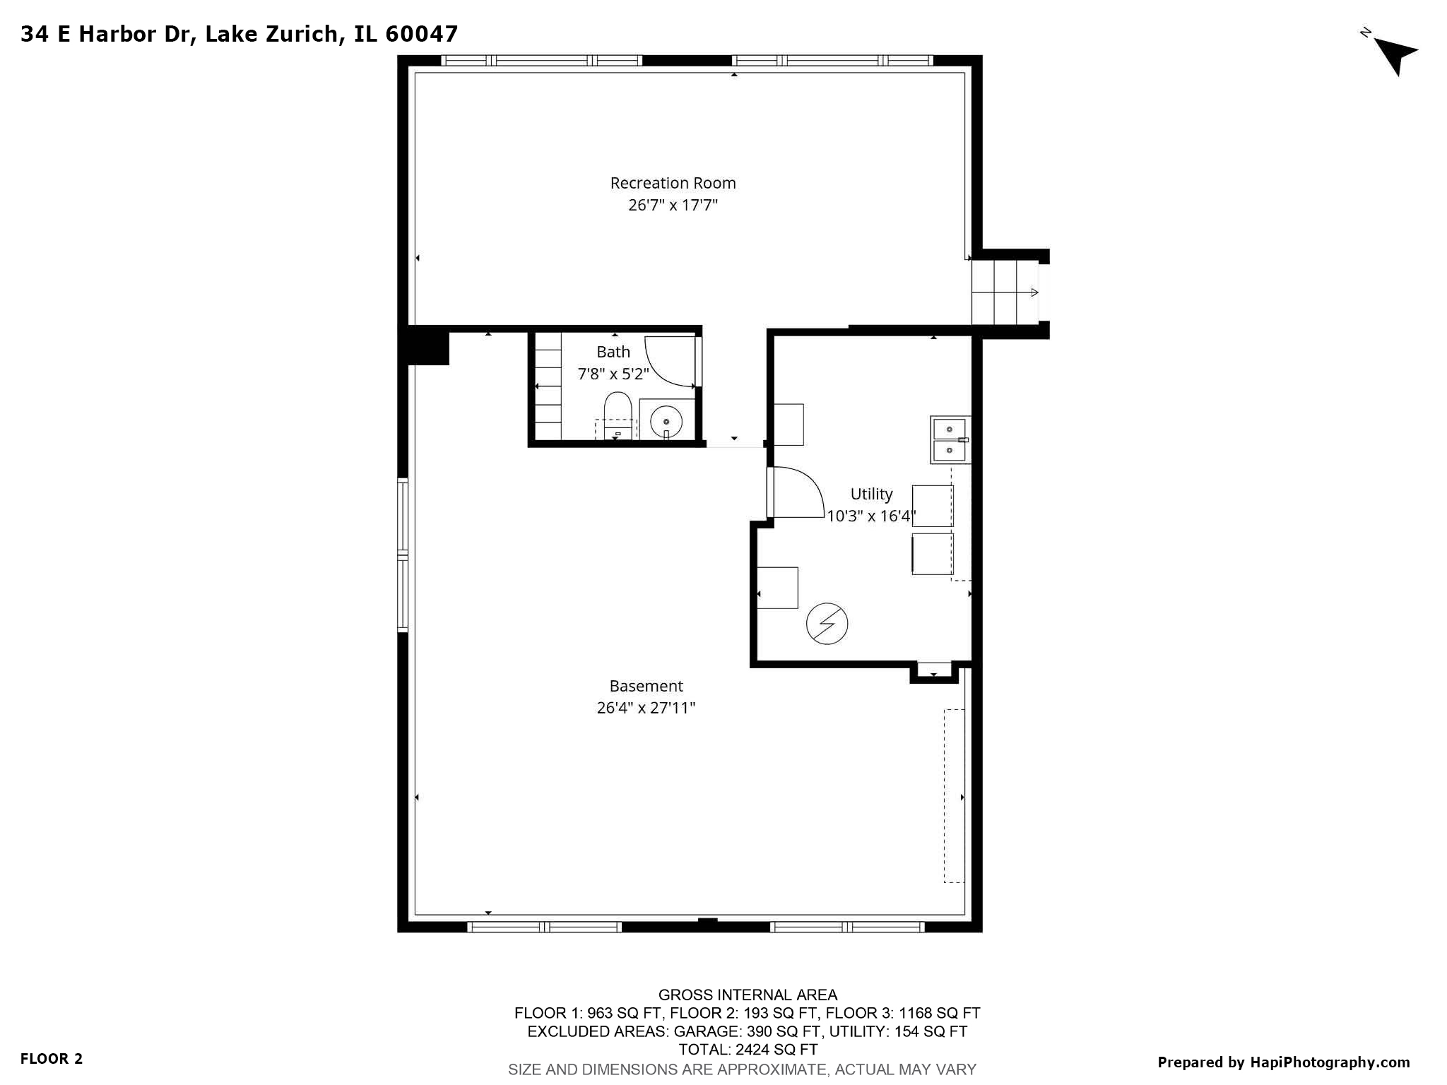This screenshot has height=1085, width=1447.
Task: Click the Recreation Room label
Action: pyautogui.click(x=673, y=183)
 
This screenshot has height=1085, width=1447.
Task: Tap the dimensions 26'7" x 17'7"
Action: pyautogui.click(x=673, y=206)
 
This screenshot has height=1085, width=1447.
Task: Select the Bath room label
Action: pyautogui.click(x=613, y=352)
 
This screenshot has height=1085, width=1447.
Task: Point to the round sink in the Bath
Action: pyautogui.click(x=666, y=422)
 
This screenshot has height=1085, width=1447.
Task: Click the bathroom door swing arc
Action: pyautogui.click(x=669, y=362)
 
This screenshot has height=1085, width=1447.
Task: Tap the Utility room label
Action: pyautogui.click(x=870, y=494)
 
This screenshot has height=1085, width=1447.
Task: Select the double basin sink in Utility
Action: pyautogui.click(x=949, y=439)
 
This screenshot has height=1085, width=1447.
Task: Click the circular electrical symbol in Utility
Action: pyautogui.click(x=827, y=624)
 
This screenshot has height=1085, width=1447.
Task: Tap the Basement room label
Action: pyautogui.click(x=646, y=686)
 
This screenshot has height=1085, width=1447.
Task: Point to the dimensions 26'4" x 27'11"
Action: pyautogui.click(x=646, y=708)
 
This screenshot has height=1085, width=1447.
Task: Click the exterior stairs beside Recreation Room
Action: pyautogui.click(x=1003, y=292)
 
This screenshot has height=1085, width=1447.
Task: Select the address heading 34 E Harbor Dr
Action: pyautogui.click(x=239, y=34)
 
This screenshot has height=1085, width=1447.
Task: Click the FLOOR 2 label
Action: pyautogui.click(x=52, y=1059)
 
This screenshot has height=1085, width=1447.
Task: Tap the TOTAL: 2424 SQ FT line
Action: pyautogui.click(x=748, y=1050)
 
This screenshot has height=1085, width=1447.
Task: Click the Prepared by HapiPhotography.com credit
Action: pyautogui.click(x=1283, y=1062)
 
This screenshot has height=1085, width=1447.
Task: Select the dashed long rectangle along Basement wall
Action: pyautogui.click(x=954, y=795)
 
